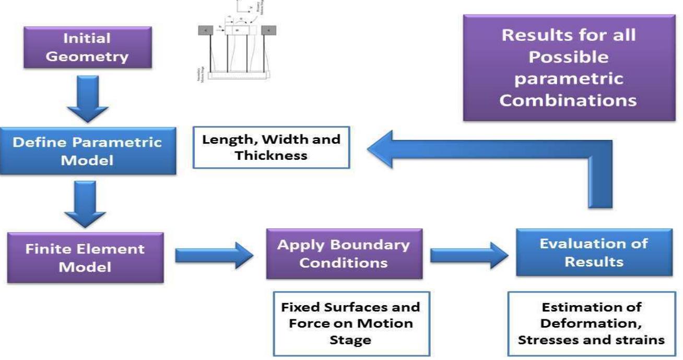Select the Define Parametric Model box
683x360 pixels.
pyautogui.click(x=87, y=151)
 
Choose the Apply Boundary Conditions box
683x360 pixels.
pyautogui.click(x=344, y=253)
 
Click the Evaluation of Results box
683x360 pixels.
pyautogui.click(x=594, y=252)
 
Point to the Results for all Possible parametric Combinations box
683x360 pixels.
pyautogui.click(x=568, y=68)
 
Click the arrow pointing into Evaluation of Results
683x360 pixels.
pyautogui.click(x=469, y=256)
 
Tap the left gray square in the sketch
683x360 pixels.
pyautogui.click(x=205, y=31)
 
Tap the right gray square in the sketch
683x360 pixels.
pyautogui.click(x=269, y=31)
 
